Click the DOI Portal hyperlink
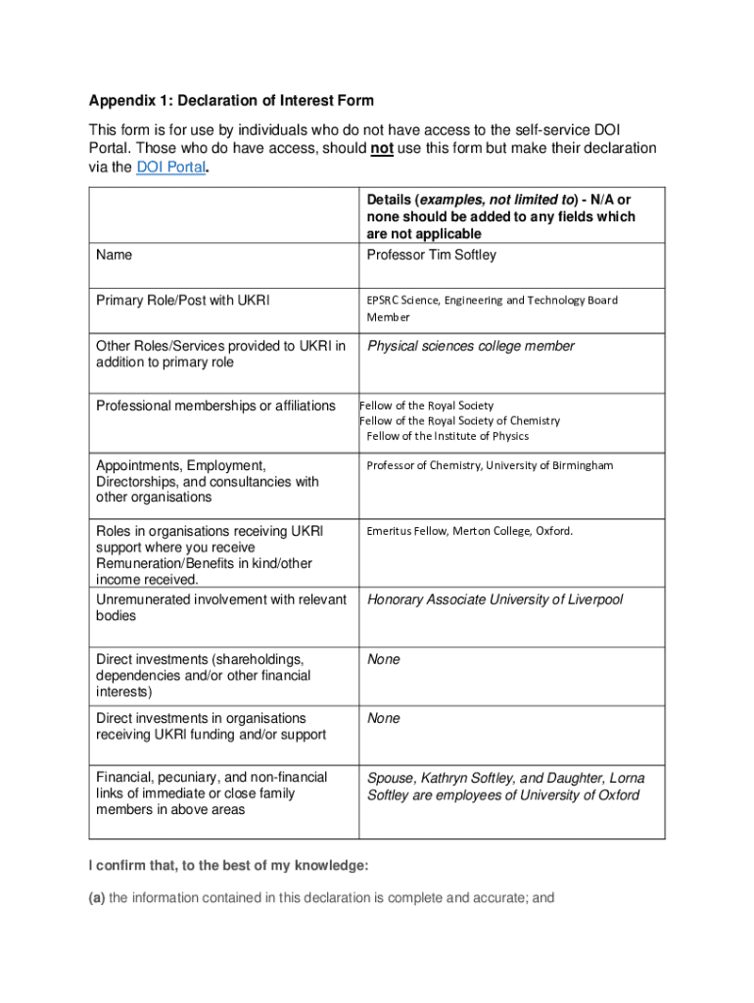click(x=170, y=167)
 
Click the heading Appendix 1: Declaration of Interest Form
click(x=231, y=101)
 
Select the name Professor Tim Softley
click(x=431, y=255)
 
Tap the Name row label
click(x=115, y=255)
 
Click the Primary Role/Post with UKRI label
click(x=180, y=300)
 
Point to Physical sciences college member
click(x=470, y=346)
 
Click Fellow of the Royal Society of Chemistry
click(x=460, y=420)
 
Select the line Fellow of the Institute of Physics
click(x=448, y=436)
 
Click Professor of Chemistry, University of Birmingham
click(x=490, y=465)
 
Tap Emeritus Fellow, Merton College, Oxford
click(x=469, y=531)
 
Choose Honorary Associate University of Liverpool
click(x=495, y=599)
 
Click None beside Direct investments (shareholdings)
click(x=383, y=659)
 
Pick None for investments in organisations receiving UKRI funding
click(x=383, y=718)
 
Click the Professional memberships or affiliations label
click(x=215, y=406)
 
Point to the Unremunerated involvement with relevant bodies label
click(x=220, y=607)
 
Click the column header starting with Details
click(x=500, y=216)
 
